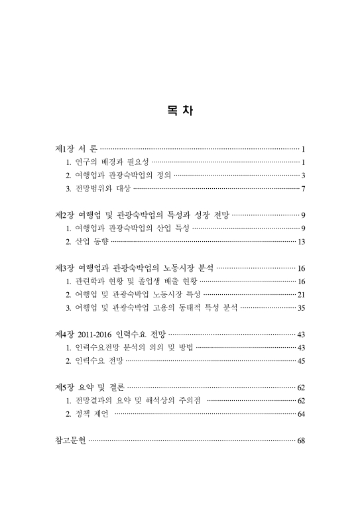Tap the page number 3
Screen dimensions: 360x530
(x=302, y=176)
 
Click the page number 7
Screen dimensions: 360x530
(x=302, y=189)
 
